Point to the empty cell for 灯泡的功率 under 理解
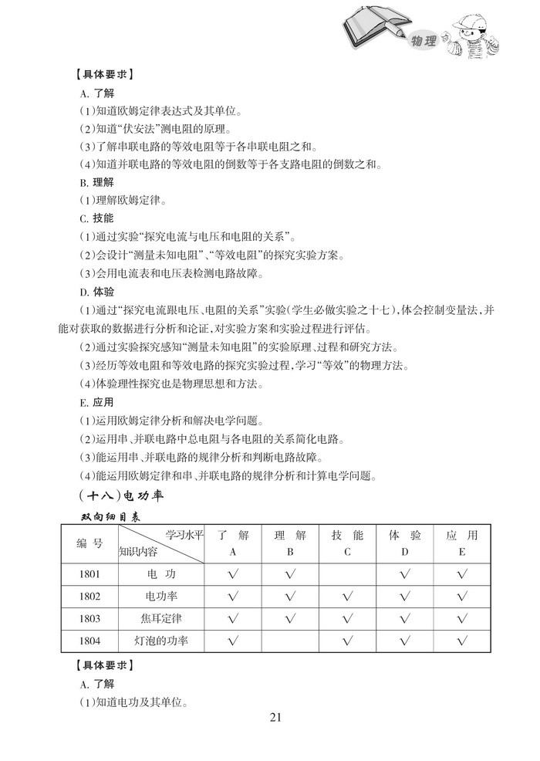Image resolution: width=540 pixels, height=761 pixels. pyautogui.click(x=290, y=640)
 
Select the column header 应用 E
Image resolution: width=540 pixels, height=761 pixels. pyautogui.click(x=461, y=543)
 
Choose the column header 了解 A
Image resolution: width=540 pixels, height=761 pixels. pyautogui.click(x=233, y=543)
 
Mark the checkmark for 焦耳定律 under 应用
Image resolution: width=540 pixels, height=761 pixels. pyautogui.click(x=461, y=618)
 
